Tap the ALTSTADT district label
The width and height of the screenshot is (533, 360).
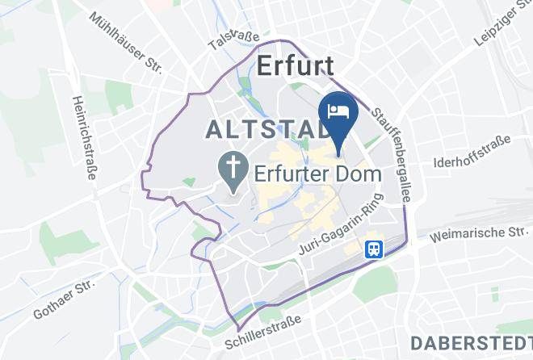[x=258, y=128]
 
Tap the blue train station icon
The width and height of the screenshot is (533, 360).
[x=373, y=249]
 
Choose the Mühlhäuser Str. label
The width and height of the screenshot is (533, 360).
[x=127, y=40]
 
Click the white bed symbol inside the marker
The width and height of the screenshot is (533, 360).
[x=335, y=109]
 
